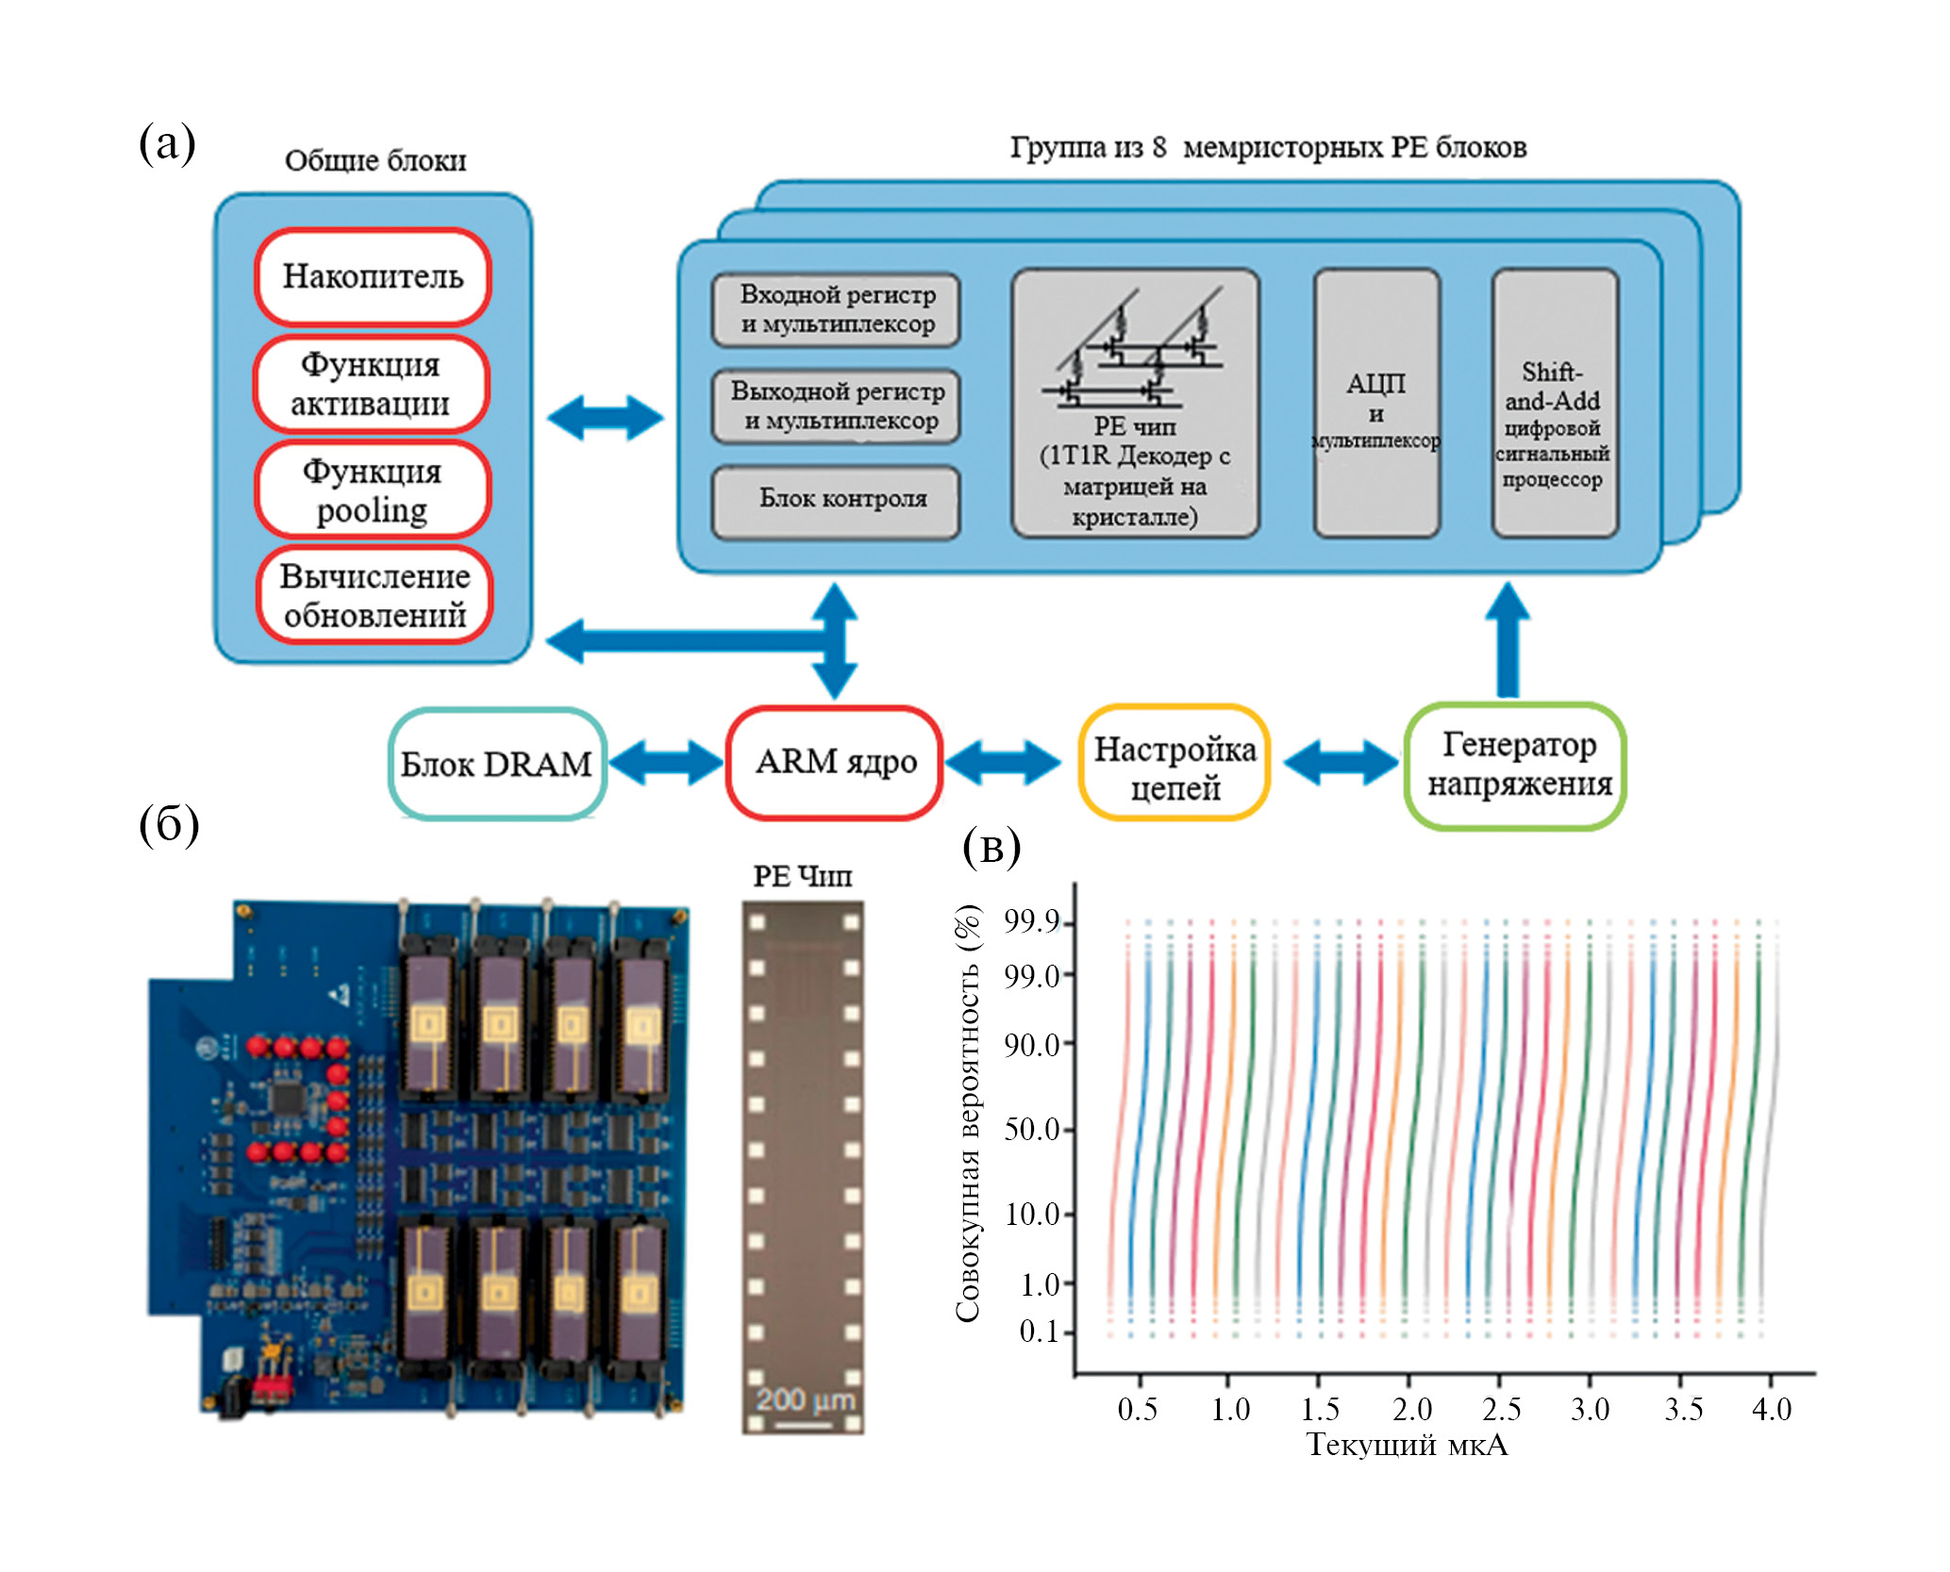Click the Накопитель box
tap(373, 276)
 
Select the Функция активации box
tap(371, 384)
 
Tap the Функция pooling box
tap(373, 490)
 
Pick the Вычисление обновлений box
tap(375, 595)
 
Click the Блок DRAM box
tap(496, 764)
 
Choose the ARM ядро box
tap(835, 762)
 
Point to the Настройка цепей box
tap(1175, 764)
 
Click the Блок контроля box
tap(836, 500)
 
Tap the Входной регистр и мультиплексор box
tap(836, 309)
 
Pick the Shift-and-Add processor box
tap(1554, 404)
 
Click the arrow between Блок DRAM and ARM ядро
tap(665, 763)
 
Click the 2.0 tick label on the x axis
tap(1410, 1409)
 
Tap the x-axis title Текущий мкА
tap(1407, 1445)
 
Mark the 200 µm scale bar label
tap(803, 1399)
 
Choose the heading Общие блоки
tap(375, 160)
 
